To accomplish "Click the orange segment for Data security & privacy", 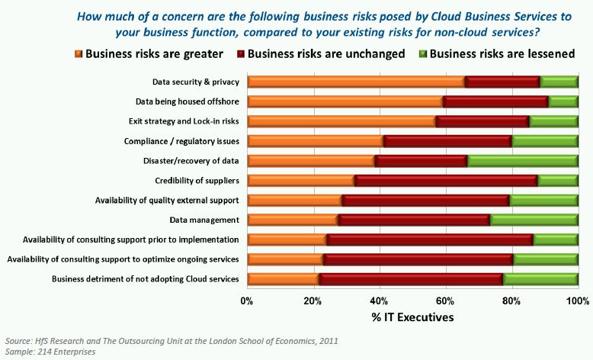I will (356, 82).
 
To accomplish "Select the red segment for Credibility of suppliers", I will (446, 181).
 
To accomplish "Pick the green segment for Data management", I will (534, 220).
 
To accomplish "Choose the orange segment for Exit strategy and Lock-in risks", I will (341, 121).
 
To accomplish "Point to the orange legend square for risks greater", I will (78, 54).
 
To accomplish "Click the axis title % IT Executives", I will (413, 317).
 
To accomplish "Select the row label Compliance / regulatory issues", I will (181, 141).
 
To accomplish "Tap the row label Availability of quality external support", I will (167, 201).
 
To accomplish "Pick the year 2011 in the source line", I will (329, 341).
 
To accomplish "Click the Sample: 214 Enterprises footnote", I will (50, 353).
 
